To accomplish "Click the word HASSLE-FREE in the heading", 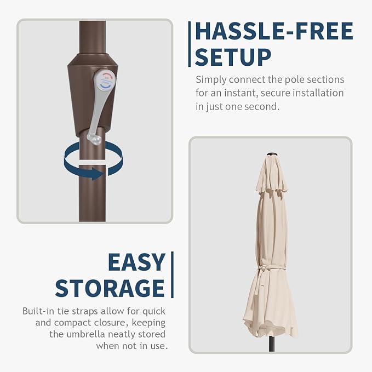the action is click(x=274, y=31).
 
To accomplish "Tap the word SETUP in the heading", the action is click(x=233, y=57).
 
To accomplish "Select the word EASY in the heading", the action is click(x=136, y=262).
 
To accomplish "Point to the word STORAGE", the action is click(x=110, y=288).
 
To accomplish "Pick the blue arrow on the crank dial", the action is click(x=105, y=86).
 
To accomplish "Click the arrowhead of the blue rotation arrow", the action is click(x=98, y=174).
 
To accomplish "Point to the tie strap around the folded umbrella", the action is click(x=271, y=269).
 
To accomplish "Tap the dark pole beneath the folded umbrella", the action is click(x=272, y=344).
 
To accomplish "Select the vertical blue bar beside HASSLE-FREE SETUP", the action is click(x=190, y=44).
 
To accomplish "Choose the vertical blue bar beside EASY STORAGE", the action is click(x=172, y=274).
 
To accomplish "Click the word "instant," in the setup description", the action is click(x=241, y=93).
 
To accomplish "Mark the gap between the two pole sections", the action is click(x=92, y=162).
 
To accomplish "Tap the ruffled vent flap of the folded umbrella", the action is click(x=272, y=187).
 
